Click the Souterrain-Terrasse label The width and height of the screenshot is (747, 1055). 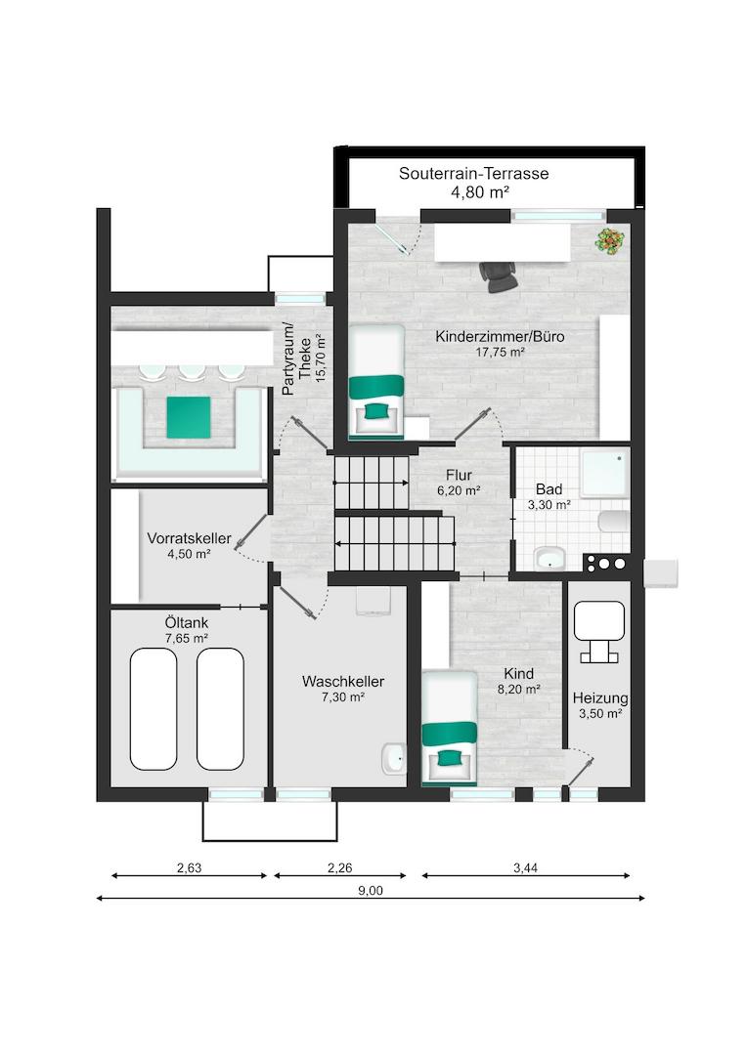[x=473, y=174]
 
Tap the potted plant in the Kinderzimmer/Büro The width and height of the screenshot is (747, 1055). [x=610, y=241]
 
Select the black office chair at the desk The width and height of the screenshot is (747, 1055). [x=499, y=276]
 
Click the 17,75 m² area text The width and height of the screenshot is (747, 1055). [x=500, y=352]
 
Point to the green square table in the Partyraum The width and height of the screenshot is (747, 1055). [x=189, y=417]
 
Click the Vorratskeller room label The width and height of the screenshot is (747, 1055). [x=190, y=538]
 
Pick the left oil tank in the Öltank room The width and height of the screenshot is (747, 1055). [x=154, y=708]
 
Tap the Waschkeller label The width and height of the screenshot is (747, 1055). [x=343, y=682]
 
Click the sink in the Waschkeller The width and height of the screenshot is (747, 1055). [x=393, y=759]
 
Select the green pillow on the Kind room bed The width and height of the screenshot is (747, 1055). [x=448, y=758]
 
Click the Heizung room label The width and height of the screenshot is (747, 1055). [x=600, y=698]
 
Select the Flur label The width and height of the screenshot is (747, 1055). [x=459, y=475]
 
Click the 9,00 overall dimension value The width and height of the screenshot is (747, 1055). [x=371, y=891]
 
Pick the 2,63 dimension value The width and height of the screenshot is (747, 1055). [x=190, y=868]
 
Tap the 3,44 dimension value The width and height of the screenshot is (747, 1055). [x=525, y=868]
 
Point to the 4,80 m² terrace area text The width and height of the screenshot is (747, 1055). [x=480, y=192]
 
